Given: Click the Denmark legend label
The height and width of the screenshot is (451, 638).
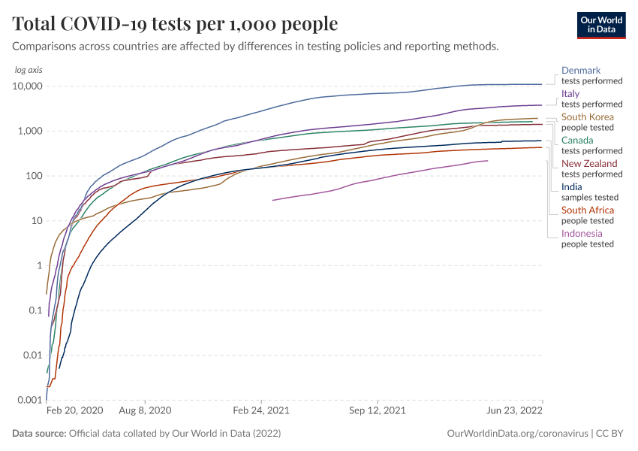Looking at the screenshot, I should [x=581, y=71].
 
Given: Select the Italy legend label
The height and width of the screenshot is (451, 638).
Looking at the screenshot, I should [x=570, y=94].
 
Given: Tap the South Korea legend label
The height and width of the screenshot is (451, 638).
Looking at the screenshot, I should [x=588, y=117].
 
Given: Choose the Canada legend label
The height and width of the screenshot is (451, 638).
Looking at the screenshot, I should [x=577, y=141].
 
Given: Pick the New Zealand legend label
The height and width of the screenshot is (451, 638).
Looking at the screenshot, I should [x=589, y=164].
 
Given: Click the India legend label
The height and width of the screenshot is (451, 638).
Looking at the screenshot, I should [x=571, y=187].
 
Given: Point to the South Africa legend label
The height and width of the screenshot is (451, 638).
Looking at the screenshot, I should [x=587, y=210].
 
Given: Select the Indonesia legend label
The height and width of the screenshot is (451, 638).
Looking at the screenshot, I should [x=582, y=234].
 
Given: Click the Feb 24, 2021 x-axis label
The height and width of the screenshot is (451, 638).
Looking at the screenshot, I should [x=261, y=412].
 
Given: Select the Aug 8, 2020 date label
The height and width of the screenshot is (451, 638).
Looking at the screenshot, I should [x=146, y=412].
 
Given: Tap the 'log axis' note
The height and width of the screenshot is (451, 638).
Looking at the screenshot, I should [x=28, y=70].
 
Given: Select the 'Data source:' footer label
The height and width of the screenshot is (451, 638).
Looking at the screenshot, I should [x=39, y=434].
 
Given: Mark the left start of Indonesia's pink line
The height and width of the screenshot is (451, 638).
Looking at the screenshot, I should [x=272, y=200].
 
